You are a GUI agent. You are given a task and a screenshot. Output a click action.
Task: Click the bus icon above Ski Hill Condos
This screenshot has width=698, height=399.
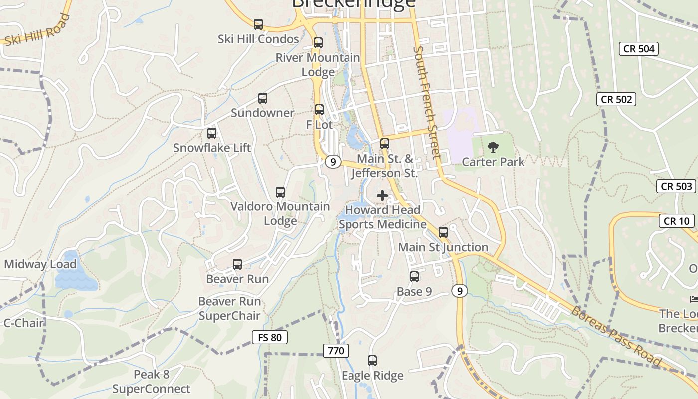258,24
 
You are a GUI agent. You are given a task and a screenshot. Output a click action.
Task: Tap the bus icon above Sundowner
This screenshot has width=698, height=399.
263,98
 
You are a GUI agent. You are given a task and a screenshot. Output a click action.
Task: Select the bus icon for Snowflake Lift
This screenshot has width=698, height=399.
212,133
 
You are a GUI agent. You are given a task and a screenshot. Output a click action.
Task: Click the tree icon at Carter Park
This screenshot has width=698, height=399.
493,147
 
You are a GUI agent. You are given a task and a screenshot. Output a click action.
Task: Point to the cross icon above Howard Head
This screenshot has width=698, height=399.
382,196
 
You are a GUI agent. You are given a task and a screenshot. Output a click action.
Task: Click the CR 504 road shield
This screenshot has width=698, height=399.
639,48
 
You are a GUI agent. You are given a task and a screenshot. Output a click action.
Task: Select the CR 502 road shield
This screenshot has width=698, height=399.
616,99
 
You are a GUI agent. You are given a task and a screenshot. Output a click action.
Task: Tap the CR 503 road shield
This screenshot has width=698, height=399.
677,186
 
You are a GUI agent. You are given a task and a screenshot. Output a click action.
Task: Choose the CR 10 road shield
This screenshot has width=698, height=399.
677,221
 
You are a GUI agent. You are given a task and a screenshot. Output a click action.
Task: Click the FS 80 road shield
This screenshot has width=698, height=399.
270,337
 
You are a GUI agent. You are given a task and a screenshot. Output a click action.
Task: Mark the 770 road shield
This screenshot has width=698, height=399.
336,351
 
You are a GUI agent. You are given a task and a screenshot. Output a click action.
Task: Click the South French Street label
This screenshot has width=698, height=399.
427,102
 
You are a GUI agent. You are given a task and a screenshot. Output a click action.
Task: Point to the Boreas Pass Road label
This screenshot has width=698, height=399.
616,336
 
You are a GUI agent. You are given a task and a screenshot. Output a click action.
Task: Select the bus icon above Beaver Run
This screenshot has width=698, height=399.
237,264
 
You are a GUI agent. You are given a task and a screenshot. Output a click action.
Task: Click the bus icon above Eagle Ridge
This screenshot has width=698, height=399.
372,361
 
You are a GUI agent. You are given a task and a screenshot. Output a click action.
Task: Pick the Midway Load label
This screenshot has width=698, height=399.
40,264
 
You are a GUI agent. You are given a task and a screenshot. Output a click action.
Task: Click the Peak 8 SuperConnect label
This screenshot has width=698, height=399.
151,382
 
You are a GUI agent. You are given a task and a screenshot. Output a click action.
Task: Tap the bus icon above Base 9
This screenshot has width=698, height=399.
414,277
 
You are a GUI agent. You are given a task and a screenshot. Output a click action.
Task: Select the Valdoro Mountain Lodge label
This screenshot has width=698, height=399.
280,213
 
